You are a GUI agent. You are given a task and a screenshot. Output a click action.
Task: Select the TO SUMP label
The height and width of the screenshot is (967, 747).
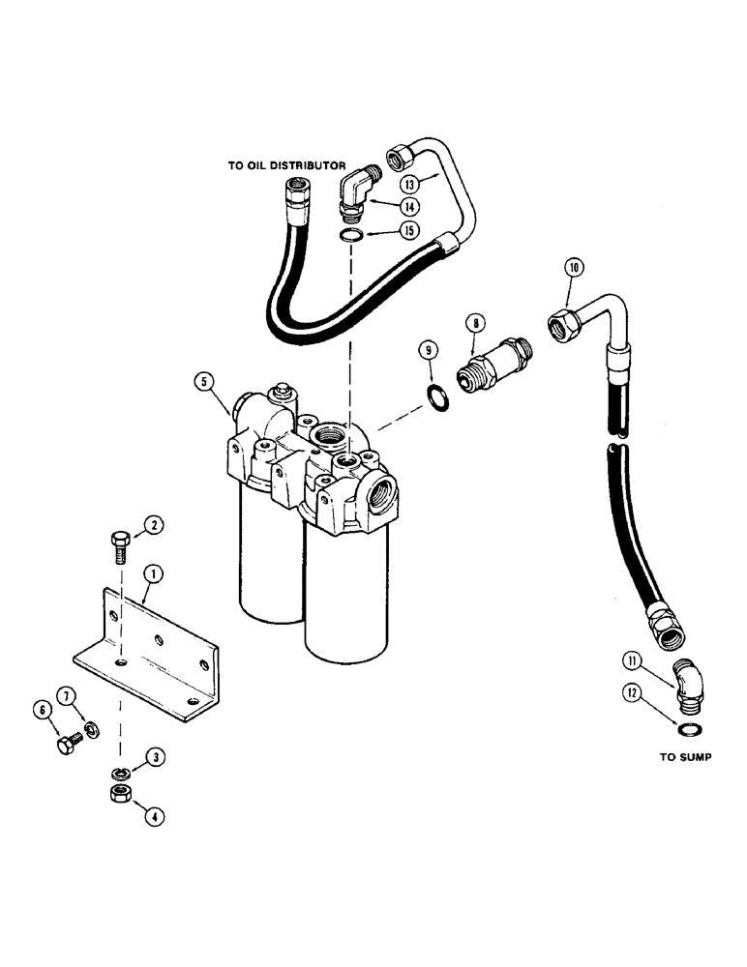coord(685,757)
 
